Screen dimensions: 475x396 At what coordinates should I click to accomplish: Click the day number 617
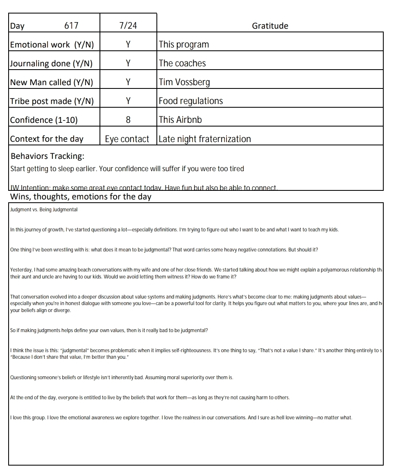[71, 26]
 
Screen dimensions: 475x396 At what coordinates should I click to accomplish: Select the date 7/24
[128, 26]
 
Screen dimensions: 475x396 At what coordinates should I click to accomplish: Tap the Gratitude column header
[270, 26]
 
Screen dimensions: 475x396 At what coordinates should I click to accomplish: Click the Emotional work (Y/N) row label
[52, 45]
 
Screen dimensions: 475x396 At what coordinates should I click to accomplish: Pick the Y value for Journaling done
[128, 63]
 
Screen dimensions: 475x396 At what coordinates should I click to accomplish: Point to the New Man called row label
[52, 82]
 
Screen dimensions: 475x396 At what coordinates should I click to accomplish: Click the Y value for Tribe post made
[128, 101]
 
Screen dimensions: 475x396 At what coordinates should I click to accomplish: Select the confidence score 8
[128, 120]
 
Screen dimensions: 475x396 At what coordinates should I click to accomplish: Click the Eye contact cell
[127, 139]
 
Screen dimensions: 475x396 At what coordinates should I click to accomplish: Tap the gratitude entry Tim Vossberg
[184, 82]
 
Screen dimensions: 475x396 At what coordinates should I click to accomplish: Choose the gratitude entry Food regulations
[191, 101]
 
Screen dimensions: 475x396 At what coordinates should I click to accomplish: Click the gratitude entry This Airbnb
[180, 120]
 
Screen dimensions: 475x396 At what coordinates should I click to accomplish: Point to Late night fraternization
[205, 139]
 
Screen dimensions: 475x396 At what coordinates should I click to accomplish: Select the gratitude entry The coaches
[182, 63]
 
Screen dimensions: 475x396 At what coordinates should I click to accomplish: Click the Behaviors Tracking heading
[48, 156]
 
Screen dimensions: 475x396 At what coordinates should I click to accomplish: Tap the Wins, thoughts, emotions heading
[81, 197]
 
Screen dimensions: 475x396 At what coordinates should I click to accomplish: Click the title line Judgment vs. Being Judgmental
[44, 210]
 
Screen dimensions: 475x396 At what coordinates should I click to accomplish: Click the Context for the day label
[47, 139]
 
